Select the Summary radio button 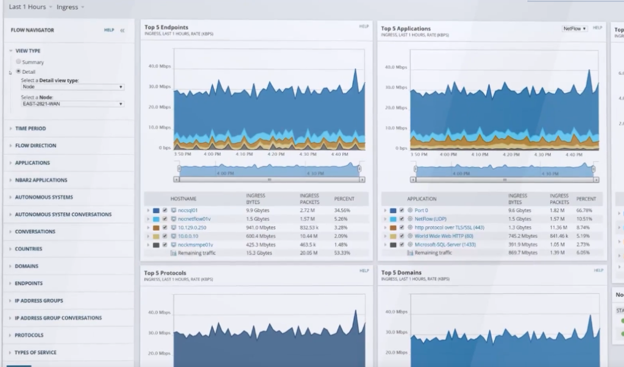(19, 62)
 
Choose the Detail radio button (19, 71)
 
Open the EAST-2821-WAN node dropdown (73, 103)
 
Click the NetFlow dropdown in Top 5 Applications (574, 28)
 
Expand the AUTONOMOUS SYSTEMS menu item (44, 197)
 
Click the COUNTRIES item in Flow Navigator (29, 249)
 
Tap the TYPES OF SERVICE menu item (35, 352)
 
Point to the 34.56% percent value (342, 210)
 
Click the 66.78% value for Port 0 (586, 210)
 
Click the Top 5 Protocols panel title (165, 273)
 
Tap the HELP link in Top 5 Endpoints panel (364, 27)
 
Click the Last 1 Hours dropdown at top (28, 7)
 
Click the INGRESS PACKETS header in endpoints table (310, 199)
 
